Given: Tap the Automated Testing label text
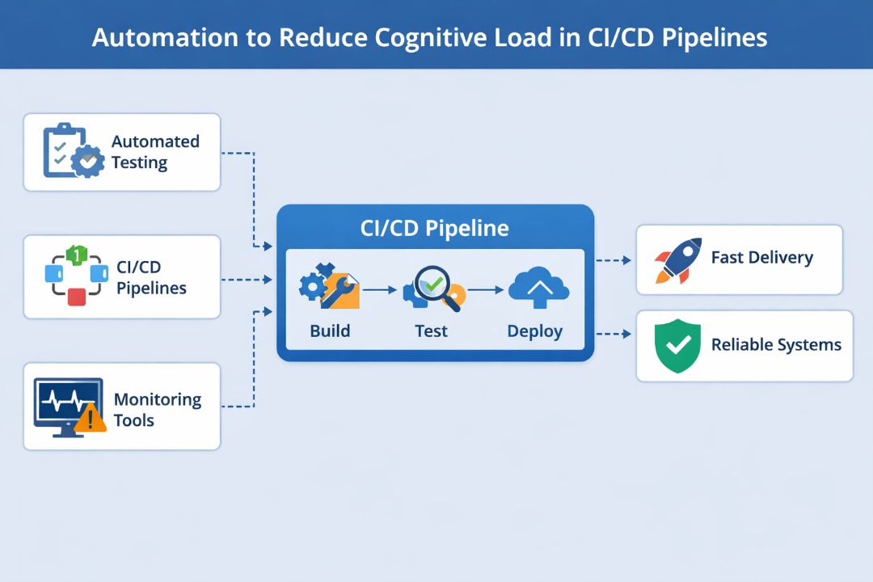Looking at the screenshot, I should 155,152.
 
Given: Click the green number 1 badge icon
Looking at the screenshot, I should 74,255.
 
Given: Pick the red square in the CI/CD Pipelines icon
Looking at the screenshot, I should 76,297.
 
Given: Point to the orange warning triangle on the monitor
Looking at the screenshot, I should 91,418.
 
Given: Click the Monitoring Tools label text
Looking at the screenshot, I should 157,410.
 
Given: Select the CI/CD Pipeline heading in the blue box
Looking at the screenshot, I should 434,228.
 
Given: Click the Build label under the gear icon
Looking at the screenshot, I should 330,331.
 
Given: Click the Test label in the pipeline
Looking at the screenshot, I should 431,331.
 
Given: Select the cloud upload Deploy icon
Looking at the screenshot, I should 538,288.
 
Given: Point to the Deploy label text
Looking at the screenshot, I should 534,331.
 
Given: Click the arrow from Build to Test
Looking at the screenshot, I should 380,289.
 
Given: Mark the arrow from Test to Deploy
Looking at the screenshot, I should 483,289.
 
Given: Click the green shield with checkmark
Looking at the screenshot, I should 677,345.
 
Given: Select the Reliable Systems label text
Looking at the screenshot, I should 775,345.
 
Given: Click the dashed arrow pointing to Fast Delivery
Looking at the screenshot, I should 614,260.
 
